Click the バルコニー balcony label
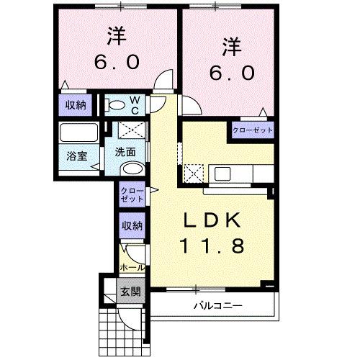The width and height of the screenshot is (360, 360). pyautogui.click(x=217, y=306)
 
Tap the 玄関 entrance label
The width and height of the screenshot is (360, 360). pyautogui.click(x=130, y=292)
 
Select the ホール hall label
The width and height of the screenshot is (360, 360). pyautogui.click(x=132, y=266)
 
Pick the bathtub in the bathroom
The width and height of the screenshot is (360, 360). pyautogui.click(x=78, y=134)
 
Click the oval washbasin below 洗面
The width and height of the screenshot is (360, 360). pyautogui.click(x=132, y=168)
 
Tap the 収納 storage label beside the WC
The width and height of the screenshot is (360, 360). pyautogui.click(x=76, y=105)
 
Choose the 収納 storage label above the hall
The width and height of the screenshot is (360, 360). pyautogui.click(x=132, y=226)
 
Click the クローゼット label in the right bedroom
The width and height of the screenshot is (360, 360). pyautogui.click(x=253, y=131)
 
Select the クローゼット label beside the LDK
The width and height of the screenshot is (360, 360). pyautogui.click(x=132, y=194)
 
